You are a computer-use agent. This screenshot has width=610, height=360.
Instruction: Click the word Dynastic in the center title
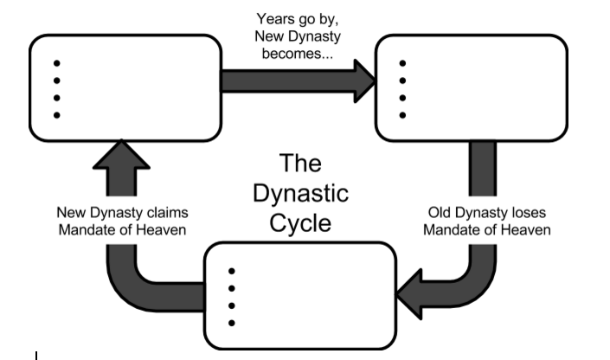300,192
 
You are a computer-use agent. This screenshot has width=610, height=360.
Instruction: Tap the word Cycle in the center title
300,222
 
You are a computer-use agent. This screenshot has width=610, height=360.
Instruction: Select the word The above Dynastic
300,163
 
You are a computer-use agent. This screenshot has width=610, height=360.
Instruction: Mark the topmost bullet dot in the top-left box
57,62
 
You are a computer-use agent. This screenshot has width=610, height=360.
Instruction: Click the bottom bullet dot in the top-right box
401,115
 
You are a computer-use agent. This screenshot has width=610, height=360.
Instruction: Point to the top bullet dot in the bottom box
231,270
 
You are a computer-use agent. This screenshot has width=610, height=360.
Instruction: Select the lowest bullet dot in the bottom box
231,324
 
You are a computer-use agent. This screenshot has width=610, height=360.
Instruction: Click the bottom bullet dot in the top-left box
57,115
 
